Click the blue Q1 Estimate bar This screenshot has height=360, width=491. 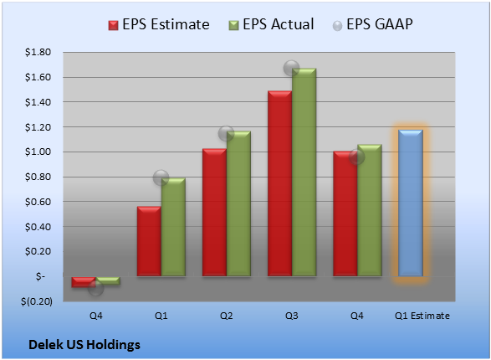[411, 203]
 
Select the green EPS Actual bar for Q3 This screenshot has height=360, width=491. [304, 172]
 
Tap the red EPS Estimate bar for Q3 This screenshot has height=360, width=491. [280, 183]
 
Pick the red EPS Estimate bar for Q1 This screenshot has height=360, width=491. [149, 241]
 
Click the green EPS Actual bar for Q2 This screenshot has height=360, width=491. [238, 203]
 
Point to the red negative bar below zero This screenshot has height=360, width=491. [84, 282]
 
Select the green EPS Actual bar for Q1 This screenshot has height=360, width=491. [173, 227]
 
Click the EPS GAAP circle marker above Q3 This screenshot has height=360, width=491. [292, 68]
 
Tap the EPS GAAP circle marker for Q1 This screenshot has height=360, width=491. [161, 178]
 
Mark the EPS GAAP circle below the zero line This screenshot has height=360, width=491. [96, 288]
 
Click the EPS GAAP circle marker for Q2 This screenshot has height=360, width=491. [226, 134]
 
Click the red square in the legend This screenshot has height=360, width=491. [113, 25]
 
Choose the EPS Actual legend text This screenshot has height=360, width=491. [278, 24]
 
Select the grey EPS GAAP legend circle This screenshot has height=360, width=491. [337, 26]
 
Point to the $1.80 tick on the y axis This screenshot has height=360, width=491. [38, 52]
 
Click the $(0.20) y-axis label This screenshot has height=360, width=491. [37, 301]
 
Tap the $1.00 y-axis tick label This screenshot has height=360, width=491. [38, 152]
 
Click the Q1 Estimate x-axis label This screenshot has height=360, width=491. [422, 316]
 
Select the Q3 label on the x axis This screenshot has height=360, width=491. [292, 316]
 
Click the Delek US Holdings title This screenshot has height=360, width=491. [84, 345]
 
